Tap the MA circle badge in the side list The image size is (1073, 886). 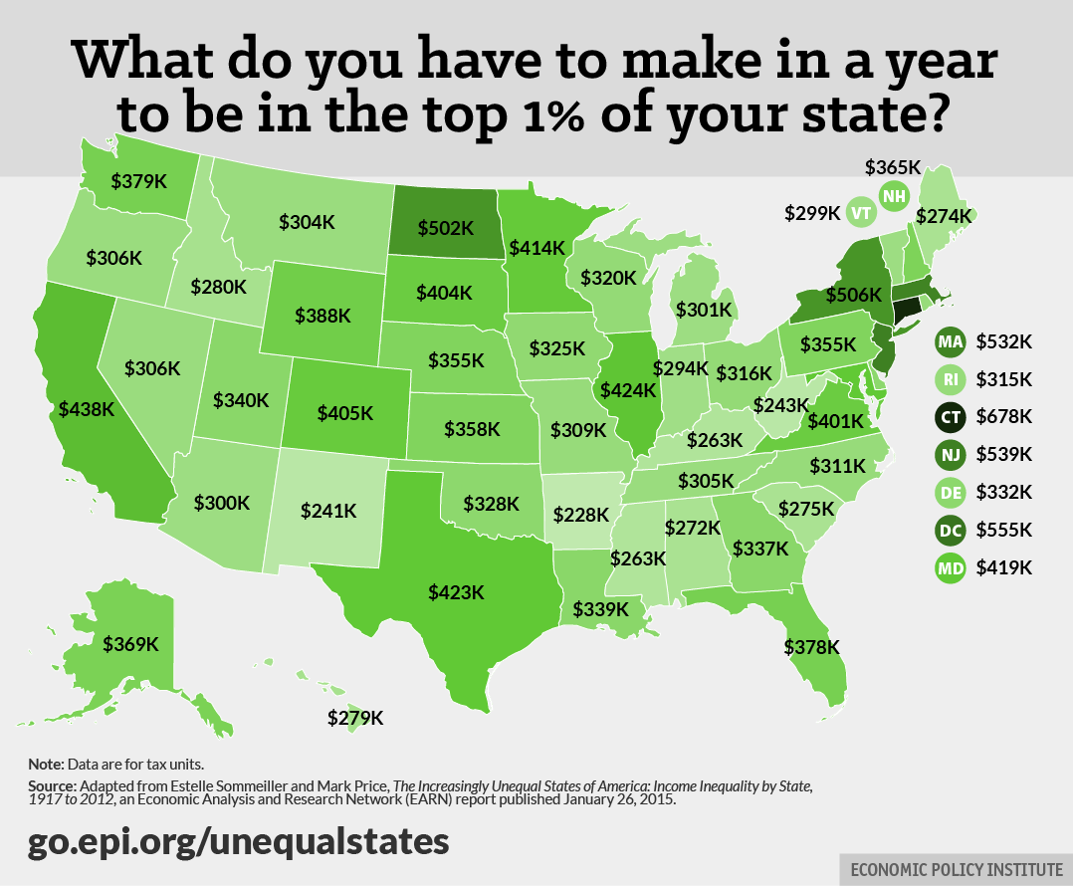pos(949,341)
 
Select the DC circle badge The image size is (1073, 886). pos(949,531)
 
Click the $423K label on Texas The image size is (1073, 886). pos(457,591)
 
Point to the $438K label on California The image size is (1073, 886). pos(88,408)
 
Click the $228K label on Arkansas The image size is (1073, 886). pos(581,515)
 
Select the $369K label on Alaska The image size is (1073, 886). pos(129,643)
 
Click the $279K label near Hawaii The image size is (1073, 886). pos(355,717)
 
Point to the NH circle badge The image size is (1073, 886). pos(894,196)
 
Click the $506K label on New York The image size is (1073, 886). pos(853,295)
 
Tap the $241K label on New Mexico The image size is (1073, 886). pos(328,511)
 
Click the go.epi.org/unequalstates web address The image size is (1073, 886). pos(239,840)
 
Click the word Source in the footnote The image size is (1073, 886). pos(51,786)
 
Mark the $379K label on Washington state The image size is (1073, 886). pos(139,180)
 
